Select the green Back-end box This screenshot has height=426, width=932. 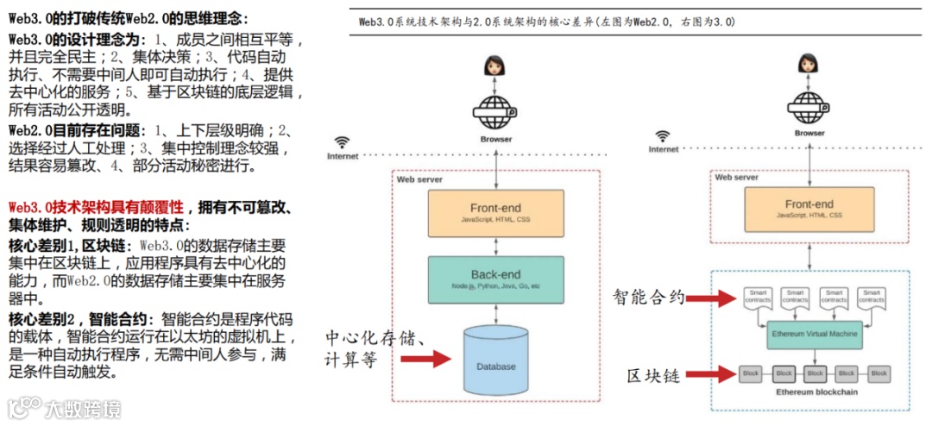(x=495, y=279)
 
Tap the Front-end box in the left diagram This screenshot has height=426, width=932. (x=495, y=213)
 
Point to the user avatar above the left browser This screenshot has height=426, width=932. (x=495, y=66)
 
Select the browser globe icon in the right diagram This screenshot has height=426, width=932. (x=809, y=107)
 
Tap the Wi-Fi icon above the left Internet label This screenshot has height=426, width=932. (x=343, y=142)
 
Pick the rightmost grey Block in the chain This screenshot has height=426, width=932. (x=878, y=374)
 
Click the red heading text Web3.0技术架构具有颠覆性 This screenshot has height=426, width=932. (x=96, y=208)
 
